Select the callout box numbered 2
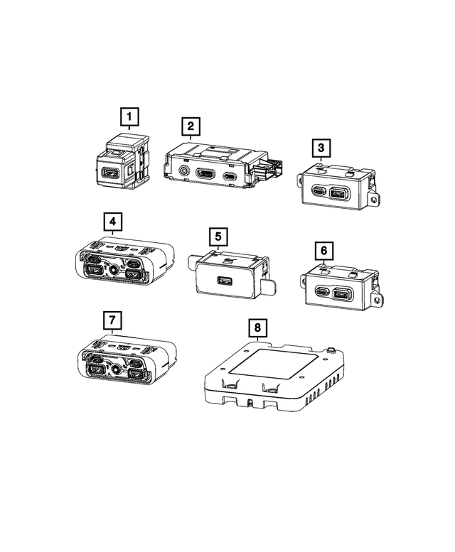(x=190, y=126)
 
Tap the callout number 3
(x=321, y=148)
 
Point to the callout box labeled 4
(x=112, y=221)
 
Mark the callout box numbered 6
(x=323, y=251)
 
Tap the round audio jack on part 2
(x=186, y=171)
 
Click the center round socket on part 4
(x=114, y=270)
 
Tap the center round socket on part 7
(x=114, y=370)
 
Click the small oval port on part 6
(x=323, y=292)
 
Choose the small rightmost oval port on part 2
(x=230, y=175)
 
